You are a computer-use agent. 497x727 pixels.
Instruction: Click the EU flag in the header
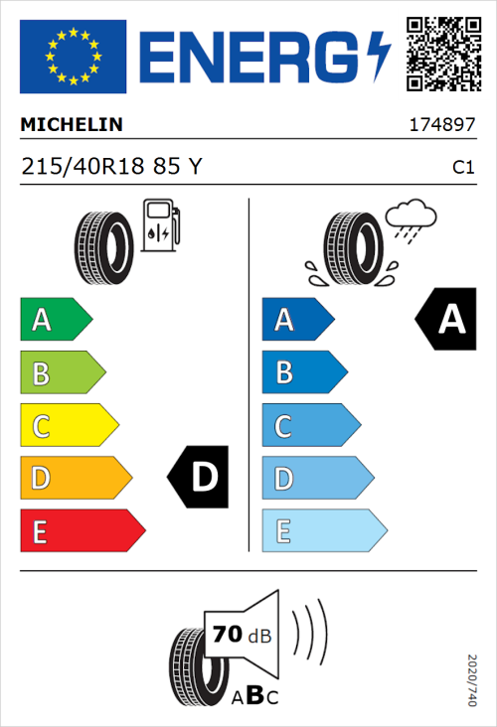[x=72, y=56]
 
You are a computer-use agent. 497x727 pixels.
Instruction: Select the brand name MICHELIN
[x=72, y=125]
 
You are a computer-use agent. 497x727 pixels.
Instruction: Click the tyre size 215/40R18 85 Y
[x=110, y=167]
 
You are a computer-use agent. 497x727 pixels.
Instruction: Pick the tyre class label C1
[x=462, y=168]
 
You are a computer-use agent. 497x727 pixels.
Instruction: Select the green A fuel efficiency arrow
[x=55, y=320]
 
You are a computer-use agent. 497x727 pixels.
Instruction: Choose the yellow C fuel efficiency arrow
[x=68, y=426]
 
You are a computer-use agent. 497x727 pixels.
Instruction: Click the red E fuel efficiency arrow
[x=82, y=531]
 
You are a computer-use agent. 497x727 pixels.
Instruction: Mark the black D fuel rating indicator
[x=199, y=478]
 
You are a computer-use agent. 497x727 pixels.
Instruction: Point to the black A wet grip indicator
[x=446, y=320]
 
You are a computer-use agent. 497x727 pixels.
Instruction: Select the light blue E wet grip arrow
[x=323, y=531]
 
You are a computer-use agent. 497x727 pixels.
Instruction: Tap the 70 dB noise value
[x=240, y=635]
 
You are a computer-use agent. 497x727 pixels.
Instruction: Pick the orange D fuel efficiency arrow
[x=75, y=479]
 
